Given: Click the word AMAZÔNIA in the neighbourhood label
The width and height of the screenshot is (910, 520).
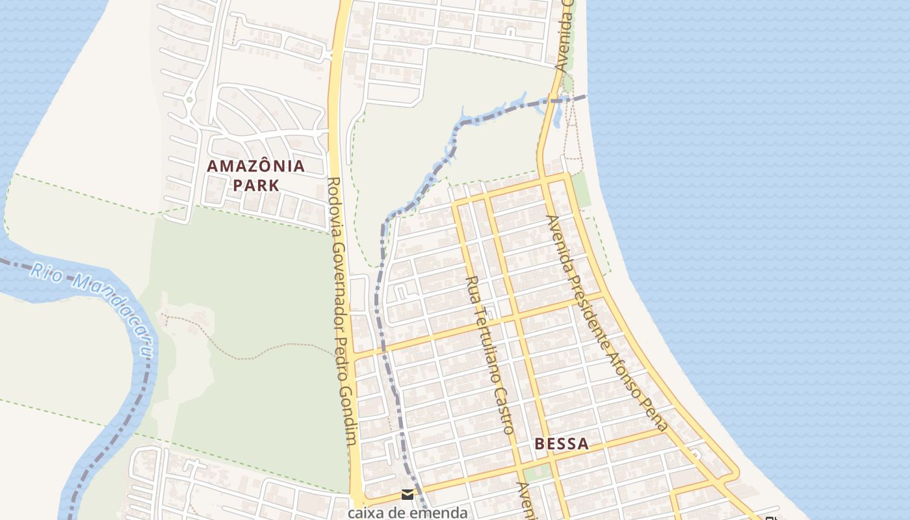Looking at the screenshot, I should tap(255, 166).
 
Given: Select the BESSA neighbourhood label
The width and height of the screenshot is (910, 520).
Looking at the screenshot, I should tap(562, 444).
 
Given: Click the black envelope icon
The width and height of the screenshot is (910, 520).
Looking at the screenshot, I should tap(407, 495).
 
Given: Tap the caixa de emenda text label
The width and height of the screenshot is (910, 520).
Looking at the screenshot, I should tap(407, 512).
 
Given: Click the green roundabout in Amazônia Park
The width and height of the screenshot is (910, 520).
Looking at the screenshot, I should tap(189, 100).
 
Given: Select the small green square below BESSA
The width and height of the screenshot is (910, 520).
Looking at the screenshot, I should tap(538, 473).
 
